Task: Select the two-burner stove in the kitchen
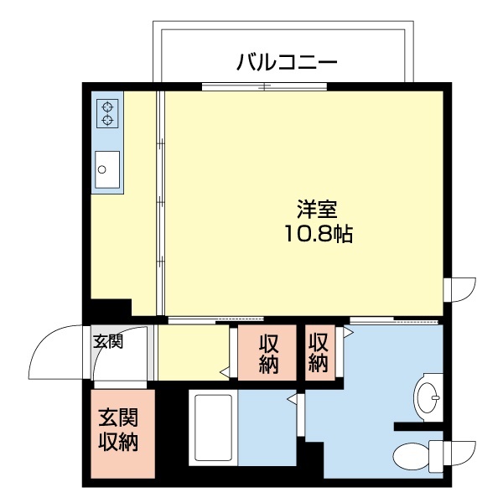107,113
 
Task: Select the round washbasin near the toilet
428,393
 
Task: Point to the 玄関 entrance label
107,341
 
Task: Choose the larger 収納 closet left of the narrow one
268,353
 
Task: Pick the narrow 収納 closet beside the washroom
319,353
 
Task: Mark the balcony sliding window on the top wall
264,86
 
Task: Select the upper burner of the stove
107,106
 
